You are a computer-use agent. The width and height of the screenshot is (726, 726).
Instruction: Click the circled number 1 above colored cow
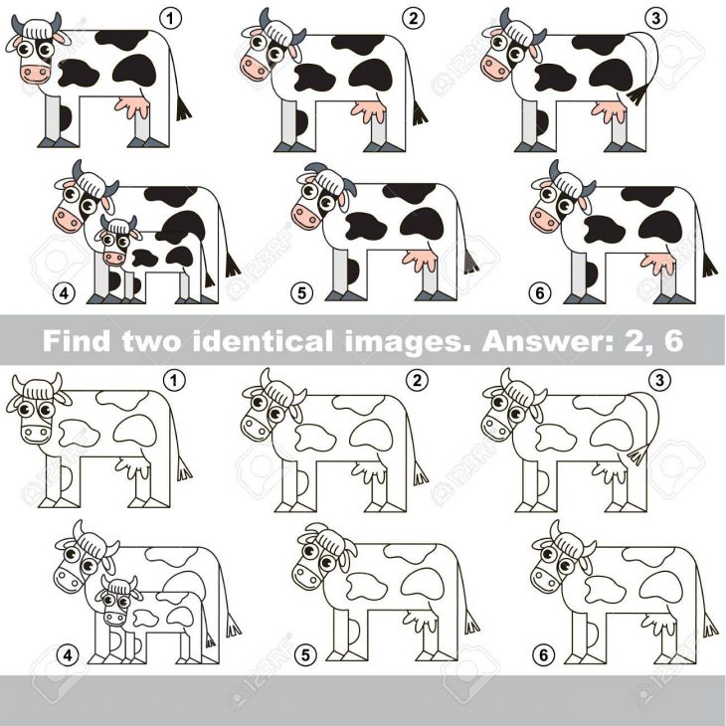[170, 19]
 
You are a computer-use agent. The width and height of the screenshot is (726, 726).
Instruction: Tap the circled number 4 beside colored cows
[64, 292]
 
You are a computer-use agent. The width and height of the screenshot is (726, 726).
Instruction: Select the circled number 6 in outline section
[543, 654]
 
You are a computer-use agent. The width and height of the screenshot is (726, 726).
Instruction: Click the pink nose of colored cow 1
[35, 74]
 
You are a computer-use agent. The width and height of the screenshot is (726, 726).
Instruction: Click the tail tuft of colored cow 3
[637, 95]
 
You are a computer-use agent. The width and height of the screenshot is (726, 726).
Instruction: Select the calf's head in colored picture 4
[116, 240]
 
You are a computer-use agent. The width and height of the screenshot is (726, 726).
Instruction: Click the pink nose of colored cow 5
[305, 216]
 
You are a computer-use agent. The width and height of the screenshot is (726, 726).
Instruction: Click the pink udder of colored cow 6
[658, 263]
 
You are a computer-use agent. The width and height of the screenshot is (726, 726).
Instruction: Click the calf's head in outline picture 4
[117, 600]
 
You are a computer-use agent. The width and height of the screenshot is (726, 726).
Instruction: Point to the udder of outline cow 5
[421, 621]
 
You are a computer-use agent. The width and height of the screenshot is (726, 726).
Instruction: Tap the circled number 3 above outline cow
[659, 381]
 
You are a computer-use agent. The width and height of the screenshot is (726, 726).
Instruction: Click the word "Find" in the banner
[77, 340]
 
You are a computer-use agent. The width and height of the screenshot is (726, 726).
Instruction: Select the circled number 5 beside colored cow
[301, 292]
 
